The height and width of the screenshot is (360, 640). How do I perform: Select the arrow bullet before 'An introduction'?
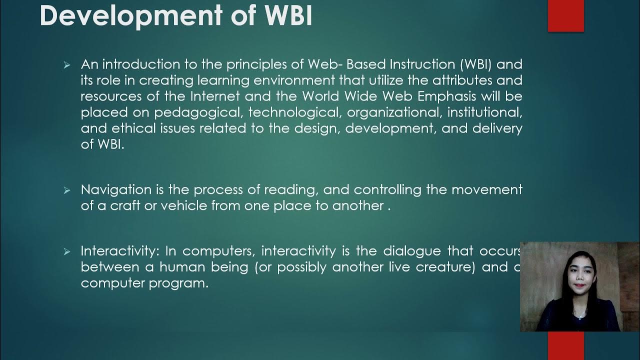click(x=67, y=65)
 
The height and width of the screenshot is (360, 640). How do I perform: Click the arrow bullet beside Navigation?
click(x=67, y=190)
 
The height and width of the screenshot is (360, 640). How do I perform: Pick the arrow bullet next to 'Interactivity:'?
click(x=67, y=252)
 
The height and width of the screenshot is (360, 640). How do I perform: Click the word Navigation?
click(x=116, y=190)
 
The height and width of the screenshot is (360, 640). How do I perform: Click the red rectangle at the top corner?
click(x=565, y=15)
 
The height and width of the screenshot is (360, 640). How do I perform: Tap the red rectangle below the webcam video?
click(x=565, y=345)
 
